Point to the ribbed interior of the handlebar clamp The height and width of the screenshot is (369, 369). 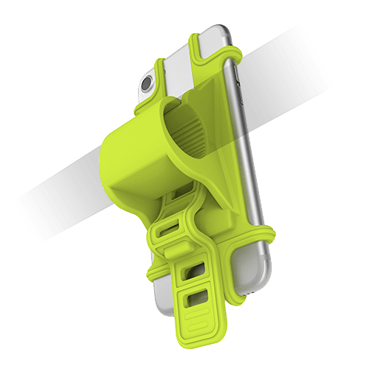point(193,136)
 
